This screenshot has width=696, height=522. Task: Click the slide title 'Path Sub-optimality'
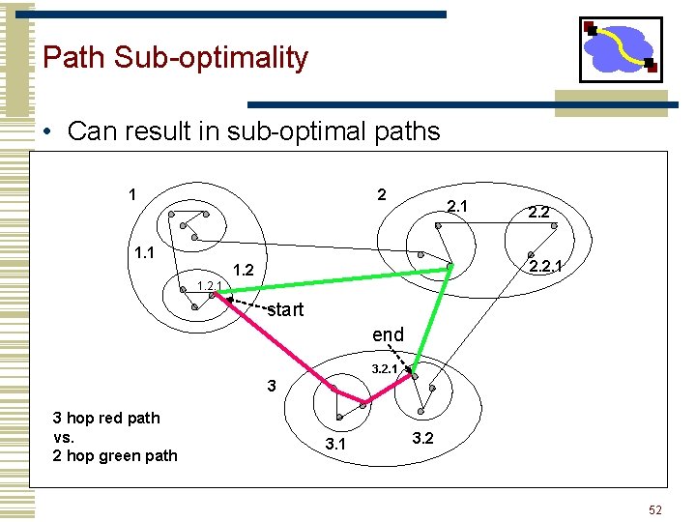click(x=175, y=57)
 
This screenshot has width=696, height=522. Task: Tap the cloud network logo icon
click(x=620, y=49)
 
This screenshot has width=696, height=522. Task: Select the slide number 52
click(x=654, y=509)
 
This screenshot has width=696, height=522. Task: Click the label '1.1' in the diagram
click(x=145, y=253)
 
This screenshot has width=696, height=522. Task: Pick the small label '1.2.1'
click(x=209, y=285)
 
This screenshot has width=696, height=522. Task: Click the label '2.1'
click(x=456, y=206)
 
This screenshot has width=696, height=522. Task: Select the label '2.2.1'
click(x=546, y=264)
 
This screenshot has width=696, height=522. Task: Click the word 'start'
click(x=285, y=310)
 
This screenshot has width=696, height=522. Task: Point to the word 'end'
click(x=388, y=334)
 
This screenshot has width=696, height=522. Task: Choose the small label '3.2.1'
click(x=385, y=368)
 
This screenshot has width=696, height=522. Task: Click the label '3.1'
click(x=335, y=445)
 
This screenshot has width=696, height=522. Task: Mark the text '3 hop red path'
click(x=106, y=418)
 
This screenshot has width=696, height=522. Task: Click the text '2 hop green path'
click(x=115, y=455)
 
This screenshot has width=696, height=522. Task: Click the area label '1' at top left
click(x=131, y=194)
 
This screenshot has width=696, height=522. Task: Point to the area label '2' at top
click(x=382, y=194)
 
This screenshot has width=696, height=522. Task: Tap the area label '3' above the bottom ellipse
click(x=272, y=386)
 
